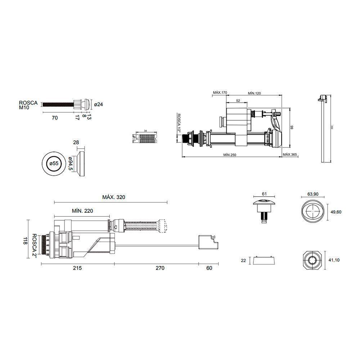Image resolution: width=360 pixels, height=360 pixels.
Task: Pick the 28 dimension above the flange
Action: [x=76, y=143]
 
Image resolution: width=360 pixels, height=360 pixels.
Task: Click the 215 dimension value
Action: [x=77, y=268]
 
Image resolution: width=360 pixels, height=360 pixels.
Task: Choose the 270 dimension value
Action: [x=159, y=268]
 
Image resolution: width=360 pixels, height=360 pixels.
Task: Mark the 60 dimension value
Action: [x=209, y=268]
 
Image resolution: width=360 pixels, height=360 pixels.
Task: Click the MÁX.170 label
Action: [x=220, y=93]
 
